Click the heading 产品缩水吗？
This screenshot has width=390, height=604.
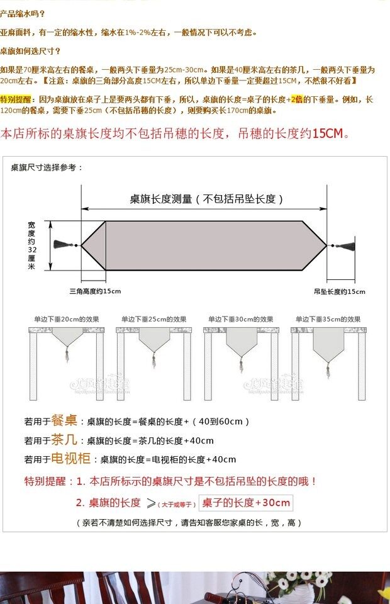point(23,14)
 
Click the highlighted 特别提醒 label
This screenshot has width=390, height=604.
point(18,99)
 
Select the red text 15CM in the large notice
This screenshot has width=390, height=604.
point(328,133)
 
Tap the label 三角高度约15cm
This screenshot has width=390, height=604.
point(95,291)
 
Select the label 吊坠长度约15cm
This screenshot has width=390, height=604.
point(339,291)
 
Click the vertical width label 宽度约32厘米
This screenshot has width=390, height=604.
point(32,245)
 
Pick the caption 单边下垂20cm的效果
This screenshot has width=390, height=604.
point(67,319)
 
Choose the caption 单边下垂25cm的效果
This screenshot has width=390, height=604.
point(153,319)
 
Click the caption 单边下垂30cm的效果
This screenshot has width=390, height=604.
point(241,319)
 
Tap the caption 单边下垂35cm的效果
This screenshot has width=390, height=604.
point(328,319)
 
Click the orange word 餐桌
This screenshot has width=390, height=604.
point(64,420)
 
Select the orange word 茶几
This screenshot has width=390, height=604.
point(64,439)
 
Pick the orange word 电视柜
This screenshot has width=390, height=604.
point(70,458)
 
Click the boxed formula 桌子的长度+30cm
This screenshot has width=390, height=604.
point(246,503)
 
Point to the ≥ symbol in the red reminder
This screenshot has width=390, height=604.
point(151,503)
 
